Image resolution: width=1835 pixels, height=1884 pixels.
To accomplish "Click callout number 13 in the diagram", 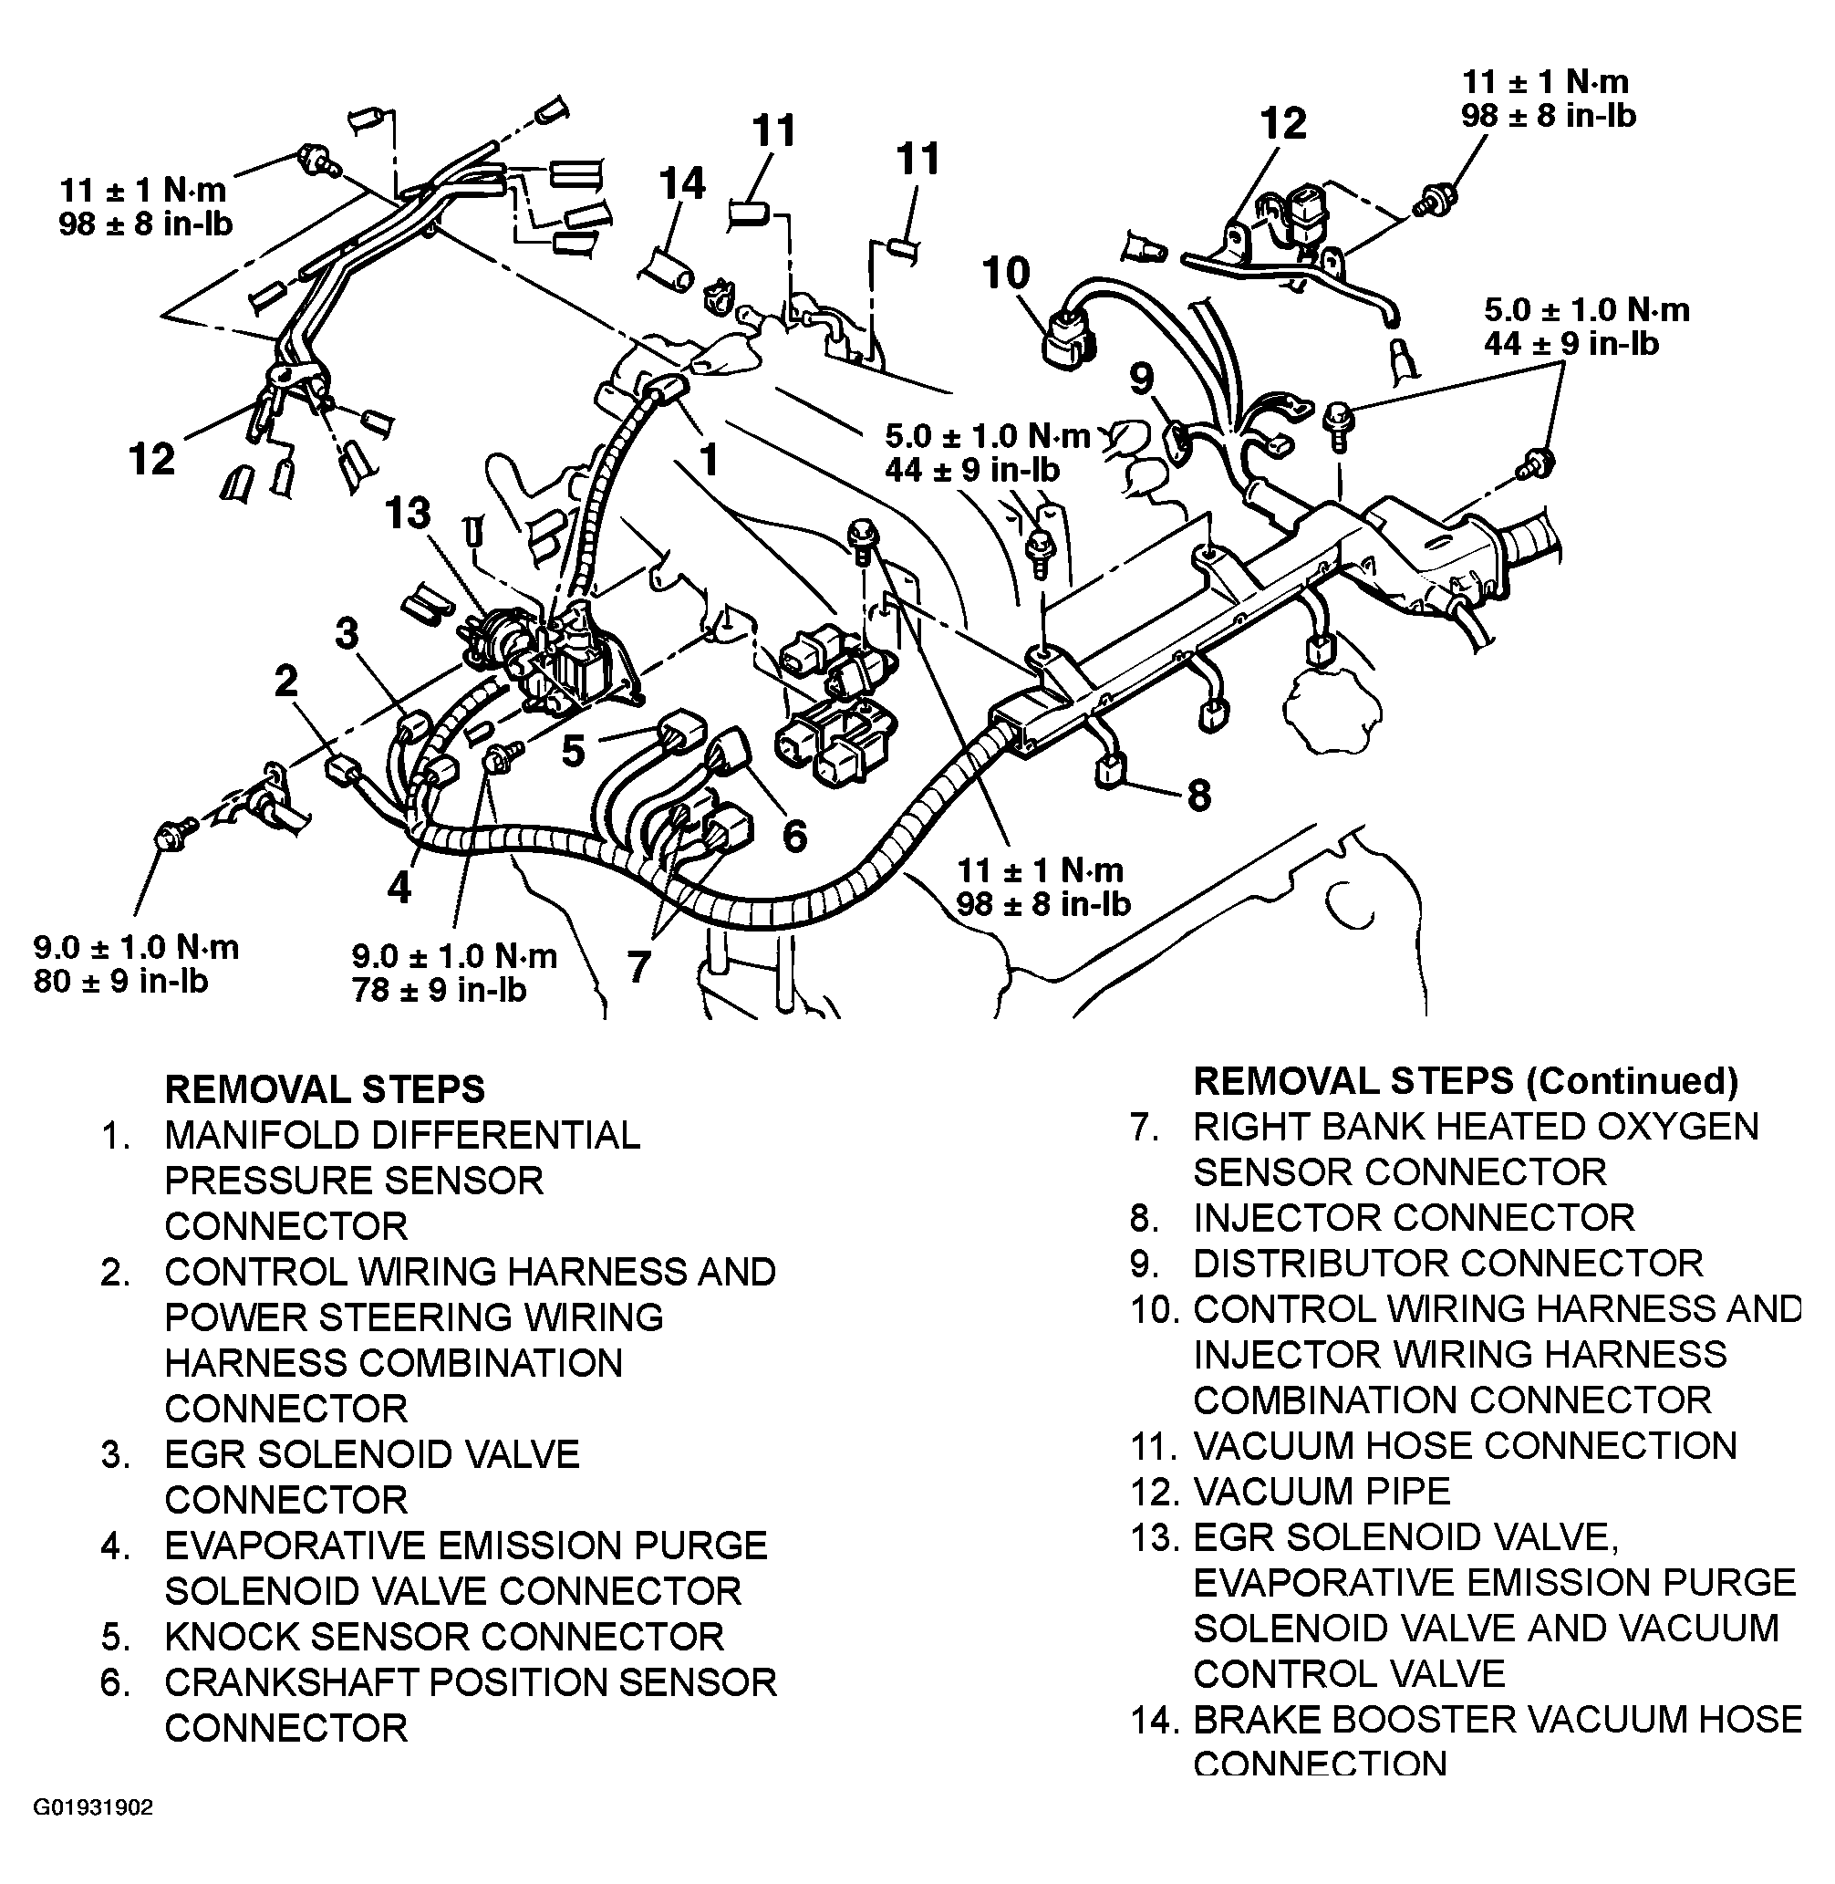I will click(407, 513).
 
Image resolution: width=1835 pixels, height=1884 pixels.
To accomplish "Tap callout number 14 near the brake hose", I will click(682, 183).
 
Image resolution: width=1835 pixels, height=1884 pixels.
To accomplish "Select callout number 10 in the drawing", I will click(1006, 273).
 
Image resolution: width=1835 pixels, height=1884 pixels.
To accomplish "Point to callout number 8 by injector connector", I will click(1198, 796).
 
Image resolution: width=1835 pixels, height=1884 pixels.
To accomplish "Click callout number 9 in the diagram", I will click(1141, 378).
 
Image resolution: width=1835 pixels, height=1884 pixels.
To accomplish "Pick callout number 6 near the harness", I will click(794, 835).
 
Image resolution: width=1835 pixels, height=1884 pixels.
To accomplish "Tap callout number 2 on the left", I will click(286, 682).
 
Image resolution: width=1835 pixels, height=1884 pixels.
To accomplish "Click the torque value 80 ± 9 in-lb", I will click(121, 982).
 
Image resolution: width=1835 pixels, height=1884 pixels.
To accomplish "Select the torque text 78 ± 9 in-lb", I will click(440, 990).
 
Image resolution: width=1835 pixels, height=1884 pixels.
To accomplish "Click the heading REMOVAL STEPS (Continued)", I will click(1465, 1081).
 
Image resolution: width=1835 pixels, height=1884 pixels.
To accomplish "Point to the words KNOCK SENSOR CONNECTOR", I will click(444, 1636).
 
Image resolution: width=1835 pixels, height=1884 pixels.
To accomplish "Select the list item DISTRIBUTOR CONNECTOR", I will click(1447, 1263).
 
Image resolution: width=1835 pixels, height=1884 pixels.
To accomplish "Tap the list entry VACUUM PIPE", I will click(1322, 1492).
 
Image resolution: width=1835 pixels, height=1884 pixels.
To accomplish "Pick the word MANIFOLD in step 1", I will click(262, 1135).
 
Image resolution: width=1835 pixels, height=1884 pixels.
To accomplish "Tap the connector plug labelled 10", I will click(1064, 338).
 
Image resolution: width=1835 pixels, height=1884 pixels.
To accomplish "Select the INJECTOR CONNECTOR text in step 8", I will click(1414, 1218).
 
